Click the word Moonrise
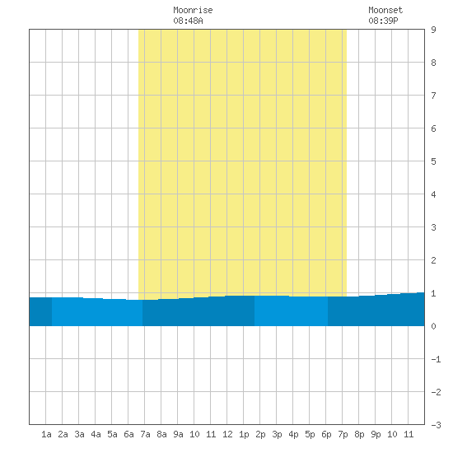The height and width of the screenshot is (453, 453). [193, 10]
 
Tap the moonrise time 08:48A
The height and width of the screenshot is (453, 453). [188, 21]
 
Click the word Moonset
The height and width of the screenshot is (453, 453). [385, 10]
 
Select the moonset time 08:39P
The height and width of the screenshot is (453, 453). [383, 21]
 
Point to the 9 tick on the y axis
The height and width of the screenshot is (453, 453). [433, 30]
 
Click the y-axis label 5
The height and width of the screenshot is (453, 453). [433, 161]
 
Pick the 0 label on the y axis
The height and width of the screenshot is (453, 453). [433, 326]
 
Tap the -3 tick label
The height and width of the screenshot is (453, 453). [436, 425]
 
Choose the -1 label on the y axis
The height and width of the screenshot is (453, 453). [436, 359]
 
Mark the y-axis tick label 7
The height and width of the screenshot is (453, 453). [433, 96]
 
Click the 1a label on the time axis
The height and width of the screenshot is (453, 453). [46, 434]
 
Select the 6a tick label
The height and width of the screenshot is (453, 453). [128, 434]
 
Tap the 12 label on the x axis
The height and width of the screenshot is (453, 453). [227, 434]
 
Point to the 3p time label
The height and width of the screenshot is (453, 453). [277, 434]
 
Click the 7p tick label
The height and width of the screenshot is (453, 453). [343, 434]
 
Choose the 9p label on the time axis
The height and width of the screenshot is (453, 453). [376, 434]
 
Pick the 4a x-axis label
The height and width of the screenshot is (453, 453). [96, 434]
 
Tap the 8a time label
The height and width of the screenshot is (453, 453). [161, 434]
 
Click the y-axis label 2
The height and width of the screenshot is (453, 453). [433, 260]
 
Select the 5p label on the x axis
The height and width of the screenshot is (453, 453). [310, 434]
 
